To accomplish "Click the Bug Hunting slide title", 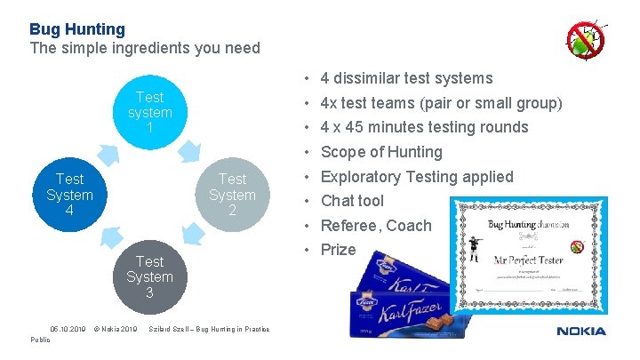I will pyautogui.click(x=77, y=29).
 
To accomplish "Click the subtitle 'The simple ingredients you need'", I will pyautogui.click(x=145, y=48).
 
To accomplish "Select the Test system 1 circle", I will pyautogui.click(x=149, y=113).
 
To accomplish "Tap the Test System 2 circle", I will pyautogui.click(x=232, y=195).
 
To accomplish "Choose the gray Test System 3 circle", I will pyautogui.click(x=149, y=276).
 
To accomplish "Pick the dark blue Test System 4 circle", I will pyautogui.click(x=69, y=195).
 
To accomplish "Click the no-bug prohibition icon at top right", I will pyautogui.click(x=586, y=40).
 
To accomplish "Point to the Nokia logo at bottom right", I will pyautogui.click(x=581, y=332).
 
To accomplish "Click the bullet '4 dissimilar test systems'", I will pyautogui.click(x=406, y=78).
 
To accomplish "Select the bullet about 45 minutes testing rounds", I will pyautogui.click(x=424, y=127).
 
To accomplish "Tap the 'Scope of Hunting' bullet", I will pyautogui.click(x=381, y=152).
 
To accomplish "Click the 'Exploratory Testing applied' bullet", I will pyautogui.click(x=417, y=176).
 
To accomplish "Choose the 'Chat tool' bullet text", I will pyautogui.click(x=352, y=201).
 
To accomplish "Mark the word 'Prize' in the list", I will pyautogui.click(x=338, y=250).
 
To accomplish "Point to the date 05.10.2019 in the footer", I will pyautogui.click(x=68, y=329).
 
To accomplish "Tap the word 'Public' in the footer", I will pyautogui.click(x=41, y=339).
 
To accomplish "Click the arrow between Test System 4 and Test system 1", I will pyautogui.click(x=108, y=156).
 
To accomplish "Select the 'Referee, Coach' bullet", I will pyautogui.click(x=375, y=226).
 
